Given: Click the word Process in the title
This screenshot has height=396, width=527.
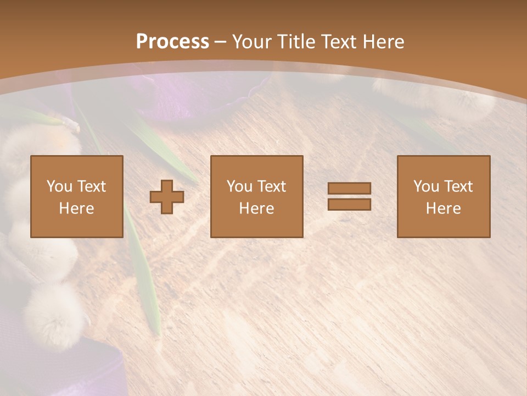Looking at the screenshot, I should pos(172,41).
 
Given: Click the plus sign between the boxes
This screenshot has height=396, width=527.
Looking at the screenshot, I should pos(167,197).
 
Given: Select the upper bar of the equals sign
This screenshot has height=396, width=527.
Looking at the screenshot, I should pos(349,188).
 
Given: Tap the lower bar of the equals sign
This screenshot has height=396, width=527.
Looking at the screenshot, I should pos(349,205).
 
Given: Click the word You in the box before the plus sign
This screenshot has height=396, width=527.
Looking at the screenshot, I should pos(59,186).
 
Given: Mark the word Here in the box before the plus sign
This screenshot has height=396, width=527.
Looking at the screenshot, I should pos(76,208).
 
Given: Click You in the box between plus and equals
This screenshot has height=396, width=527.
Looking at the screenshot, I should pos(239,186).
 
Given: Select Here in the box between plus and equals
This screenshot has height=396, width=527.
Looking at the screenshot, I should pos(256,208).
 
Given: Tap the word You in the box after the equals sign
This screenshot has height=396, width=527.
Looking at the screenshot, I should pos(425,186).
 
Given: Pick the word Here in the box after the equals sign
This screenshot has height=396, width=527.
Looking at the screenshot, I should pos(443,208).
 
